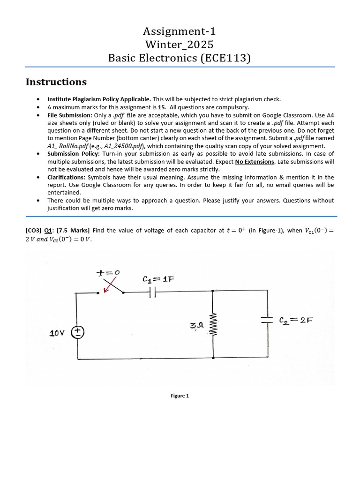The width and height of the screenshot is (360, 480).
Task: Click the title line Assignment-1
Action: coord(180,32)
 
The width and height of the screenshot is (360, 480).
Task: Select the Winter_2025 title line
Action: coord(180,45)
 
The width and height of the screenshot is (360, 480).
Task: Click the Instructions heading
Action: coord(56,82)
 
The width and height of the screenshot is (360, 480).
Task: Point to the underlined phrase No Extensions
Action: coord(255,161)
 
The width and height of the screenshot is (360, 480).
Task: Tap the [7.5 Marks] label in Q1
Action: coord(74,230)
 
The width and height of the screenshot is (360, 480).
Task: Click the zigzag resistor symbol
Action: coord(213,324)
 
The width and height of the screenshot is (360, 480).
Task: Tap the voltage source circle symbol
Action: coord(77,332)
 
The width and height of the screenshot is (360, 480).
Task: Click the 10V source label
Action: coord(58,333)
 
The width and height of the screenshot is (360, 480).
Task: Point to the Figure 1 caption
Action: coord(180,396)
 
